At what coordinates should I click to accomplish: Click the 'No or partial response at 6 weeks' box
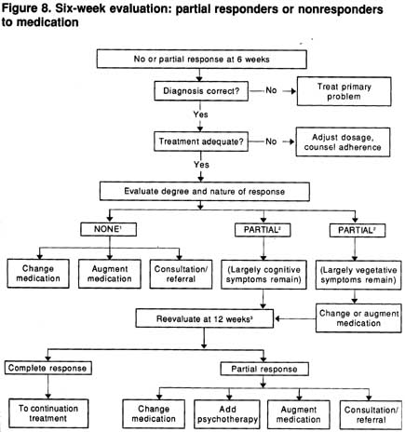tap(202, 59)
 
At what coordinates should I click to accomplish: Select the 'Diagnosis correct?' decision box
tap(201, 91)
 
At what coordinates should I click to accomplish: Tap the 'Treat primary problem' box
tap(344, 91)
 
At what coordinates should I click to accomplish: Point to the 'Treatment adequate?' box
tap(201, 142)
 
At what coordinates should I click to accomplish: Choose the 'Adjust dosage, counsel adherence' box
tap(343, 142)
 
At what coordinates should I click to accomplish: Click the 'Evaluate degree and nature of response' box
tap(205, 192)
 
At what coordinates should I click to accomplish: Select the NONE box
tap(108, 229)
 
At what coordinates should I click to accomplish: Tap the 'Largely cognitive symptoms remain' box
tap(263, 275)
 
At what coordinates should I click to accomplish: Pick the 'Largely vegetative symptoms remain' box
tap(358, 275)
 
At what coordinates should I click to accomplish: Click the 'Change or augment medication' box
tap(358, 318)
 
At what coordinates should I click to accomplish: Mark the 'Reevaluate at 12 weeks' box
tap(205, 318)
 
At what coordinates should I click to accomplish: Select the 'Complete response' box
tap(47, 368)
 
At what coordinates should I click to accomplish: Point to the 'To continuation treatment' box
tap(48, 413)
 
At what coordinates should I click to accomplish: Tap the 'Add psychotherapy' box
tap(227, 414)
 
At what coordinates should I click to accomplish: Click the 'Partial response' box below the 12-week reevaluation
tap(264, 369)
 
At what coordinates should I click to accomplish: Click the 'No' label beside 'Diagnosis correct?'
tap(271, 90)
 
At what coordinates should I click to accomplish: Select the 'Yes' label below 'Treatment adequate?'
tap(201, 164)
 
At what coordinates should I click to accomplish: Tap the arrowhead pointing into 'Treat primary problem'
tap(293, 91)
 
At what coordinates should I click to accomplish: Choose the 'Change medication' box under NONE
tap(38, 274)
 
